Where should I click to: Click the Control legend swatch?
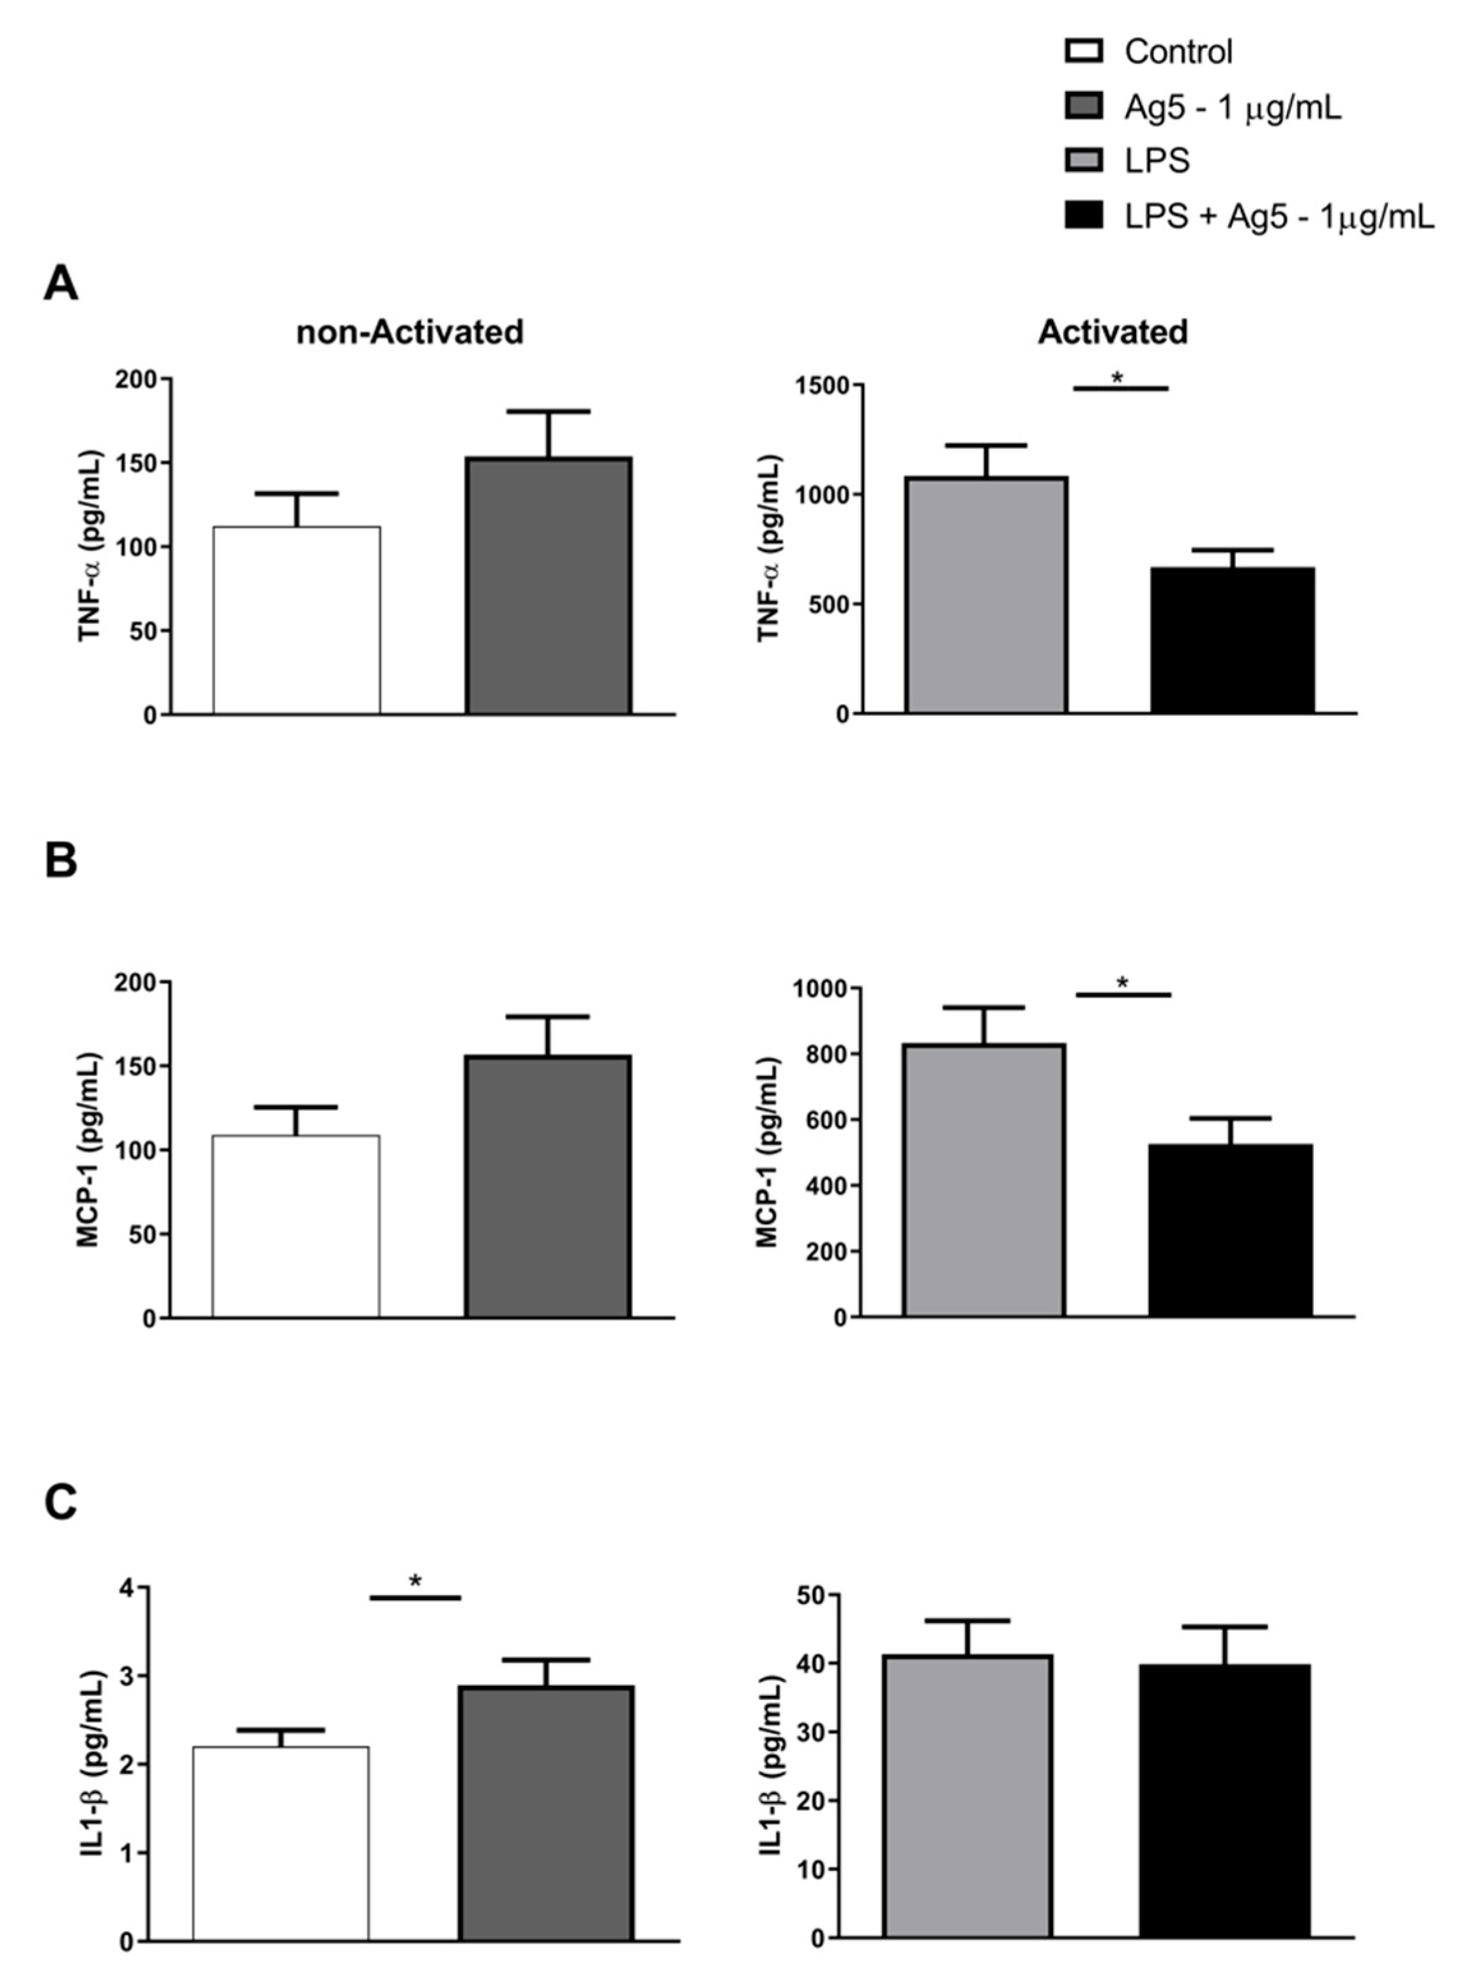1084,51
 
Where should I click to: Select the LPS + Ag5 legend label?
1279,216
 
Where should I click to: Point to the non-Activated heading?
410,332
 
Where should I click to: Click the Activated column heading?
1113,332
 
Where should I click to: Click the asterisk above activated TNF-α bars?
1118,378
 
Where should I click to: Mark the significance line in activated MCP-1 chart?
1123,995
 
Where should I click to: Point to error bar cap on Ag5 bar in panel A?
548,412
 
